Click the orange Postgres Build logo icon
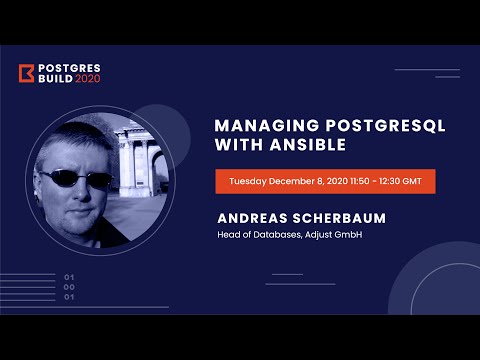point(27,74)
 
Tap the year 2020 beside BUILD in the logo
point(88,81)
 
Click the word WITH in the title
point(236,145)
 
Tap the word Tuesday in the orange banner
point(252,182)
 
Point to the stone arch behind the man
point(136,150)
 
